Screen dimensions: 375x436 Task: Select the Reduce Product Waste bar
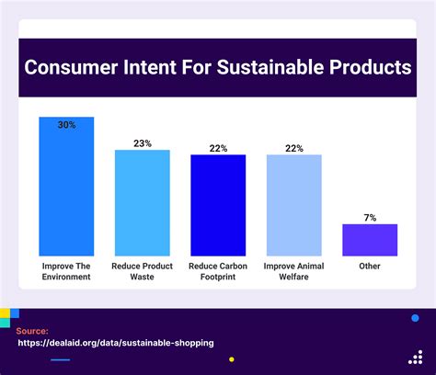coord(142,202)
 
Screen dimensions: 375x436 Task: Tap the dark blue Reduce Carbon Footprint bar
coord(218,205)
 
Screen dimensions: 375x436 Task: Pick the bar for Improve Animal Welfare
coord(293,205)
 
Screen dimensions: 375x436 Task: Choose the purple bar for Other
coord(370,240)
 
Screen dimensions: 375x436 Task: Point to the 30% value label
coord(66,124)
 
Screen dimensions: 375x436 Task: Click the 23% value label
coord(142,143)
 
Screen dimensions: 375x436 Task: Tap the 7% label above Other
coord(370,218)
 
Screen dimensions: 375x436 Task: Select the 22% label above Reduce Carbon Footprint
coord(218,148)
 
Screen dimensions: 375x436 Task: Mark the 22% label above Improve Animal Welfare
coord(293,148)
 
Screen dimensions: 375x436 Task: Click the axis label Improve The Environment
coord(66,271)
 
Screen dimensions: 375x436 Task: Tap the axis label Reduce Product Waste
coord(142,271)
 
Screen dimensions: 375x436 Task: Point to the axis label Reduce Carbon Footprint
coord(218,271)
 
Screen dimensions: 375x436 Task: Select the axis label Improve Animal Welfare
coord(293,271)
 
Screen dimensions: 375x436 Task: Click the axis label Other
coord(370,267)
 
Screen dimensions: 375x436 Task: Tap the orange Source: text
coord(32,330)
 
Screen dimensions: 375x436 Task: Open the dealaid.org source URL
coord(116,343)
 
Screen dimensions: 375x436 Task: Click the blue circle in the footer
coord(414,318)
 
